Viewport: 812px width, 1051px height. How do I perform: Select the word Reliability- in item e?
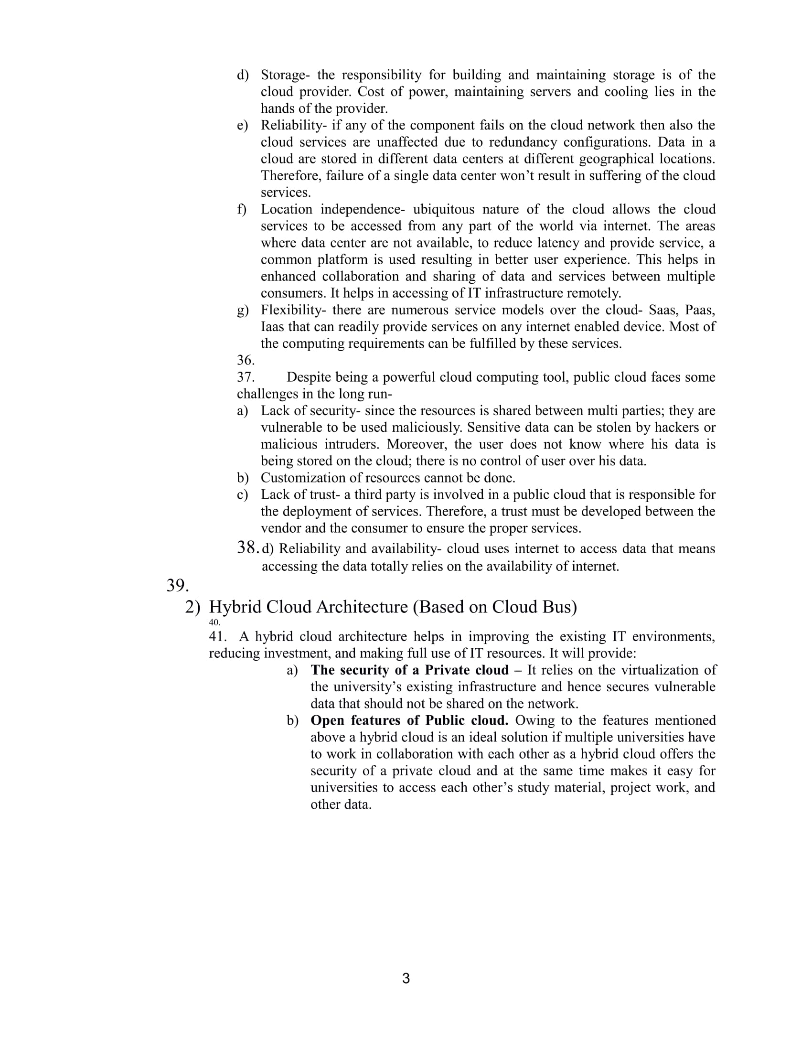[293, 125]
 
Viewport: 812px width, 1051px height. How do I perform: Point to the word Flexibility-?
[293, 310]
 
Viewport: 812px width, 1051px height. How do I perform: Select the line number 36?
[246, 360]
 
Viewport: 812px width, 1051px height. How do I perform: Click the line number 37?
[246, 377]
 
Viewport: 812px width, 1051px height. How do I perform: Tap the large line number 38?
[248, 547]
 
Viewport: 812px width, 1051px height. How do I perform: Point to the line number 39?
[178, 585]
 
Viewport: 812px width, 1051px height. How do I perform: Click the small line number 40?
[214, 622]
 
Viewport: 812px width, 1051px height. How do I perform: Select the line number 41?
[217, 637]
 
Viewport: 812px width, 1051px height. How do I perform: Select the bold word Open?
[327, 720]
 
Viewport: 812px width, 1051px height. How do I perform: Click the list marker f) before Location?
[242, 209]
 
